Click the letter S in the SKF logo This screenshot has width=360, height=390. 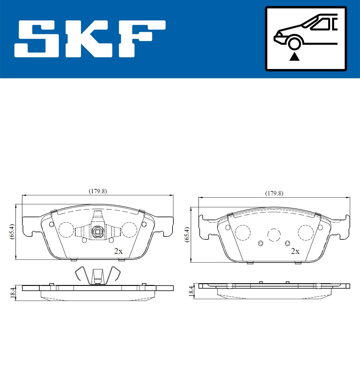coord(37,39)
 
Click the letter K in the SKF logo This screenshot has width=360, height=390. coord(88,39)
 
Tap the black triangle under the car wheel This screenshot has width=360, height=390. coord(294,56)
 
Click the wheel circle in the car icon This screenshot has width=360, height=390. coord(294,43)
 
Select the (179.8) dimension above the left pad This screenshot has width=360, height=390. coord(98,191)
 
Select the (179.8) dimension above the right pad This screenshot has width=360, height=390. coord(274,193)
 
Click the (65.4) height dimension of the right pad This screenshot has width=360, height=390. coord(187,235)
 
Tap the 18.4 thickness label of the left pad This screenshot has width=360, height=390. coord(12,293)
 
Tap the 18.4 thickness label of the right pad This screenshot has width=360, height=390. coord(191,291)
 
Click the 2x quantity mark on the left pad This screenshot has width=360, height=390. coord(118,251)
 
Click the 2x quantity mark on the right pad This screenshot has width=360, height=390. coord(295,251)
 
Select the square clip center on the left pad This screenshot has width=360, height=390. coord(97,232)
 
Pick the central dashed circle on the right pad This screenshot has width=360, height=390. coord(274,235)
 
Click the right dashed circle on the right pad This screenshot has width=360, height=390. coord(306,233)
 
